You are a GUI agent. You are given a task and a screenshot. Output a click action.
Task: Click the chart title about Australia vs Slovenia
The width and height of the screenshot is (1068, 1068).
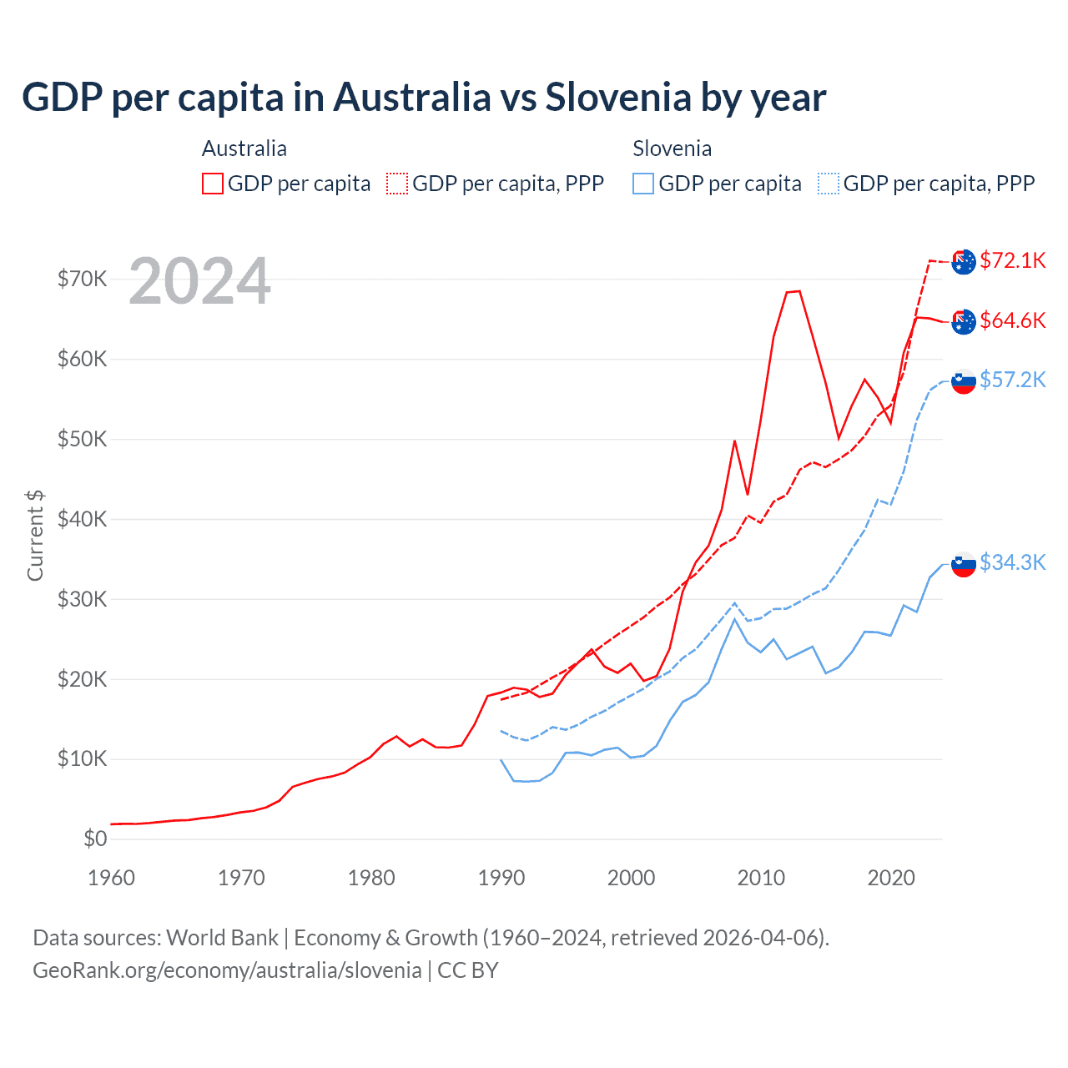[x=424, y=97]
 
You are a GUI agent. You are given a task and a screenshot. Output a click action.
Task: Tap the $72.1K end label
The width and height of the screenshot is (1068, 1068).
[x=1012, y=260]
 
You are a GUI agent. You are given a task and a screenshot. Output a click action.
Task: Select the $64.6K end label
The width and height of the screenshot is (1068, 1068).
[x=1012, y=320]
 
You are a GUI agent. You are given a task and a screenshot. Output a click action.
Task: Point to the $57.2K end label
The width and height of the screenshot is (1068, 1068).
[x=1012, y=380]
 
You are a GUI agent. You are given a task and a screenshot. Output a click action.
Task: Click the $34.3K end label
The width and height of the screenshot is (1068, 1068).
[x=1012, y=562]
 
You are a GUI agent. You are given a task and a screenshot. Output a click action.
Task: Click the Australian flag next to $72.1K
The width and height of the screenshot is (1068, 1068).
[x=964, y=261]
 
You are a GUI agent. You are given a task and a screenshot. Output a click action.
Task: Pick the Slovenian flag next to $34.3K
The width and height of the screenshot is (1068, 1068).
[x=964, y=565]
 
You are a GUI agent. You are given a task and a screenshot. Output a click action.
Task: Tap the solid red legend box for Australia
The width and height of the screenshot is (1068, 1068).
[x=213, y=184]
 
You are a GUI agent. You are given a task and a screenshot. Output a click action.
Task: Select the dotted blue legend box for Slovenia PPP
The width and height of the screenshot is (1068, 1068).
[x=829, y=184]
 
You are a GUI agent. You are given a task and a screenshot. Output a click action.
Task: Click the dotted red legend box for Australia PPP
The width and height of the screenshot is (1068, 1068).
[x=397, y=184]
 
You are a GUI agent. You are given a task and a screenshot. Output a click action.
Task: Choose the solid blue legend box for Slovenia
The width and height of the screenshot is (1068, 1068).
[x=643, y=184]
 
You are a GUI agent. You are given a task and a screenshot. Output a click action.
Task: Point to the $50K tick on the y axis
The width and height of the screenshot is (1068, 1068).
[x=82, y=439]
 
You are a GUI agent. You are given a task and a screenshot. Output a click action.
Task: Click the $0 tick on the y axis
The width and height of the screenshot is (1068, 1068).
[x=95, y=839]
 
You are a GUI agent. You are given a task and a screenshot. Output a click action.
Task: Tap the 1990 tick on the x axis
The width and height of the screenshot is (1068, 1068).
[x=501, y=878]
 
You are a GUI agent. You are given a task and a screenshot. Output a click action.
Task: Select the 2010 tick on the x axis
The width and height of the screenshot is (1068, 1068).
[x=761, y=878]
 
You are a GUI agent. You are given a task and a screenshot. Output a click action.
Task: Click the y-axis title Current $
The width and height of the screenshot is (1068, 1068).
[x=35, y=536]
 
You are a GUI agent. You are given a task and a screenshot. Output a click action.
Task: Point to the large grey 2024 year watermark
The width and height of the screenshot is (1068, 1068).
[x=199, y=281]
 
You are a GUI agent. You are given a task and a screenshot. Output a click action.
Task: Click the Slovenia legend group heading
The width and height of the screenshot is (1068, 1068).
[x=672, y=149]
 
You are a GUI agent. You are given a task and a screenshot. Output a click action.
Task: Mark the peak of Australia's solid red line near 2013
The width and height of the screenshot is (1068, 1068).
[x=798, y=291]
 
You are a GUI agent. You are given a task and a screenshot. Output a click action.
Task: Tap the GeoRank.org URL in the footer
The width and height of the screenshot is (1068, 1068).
[x=227, y=970]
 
